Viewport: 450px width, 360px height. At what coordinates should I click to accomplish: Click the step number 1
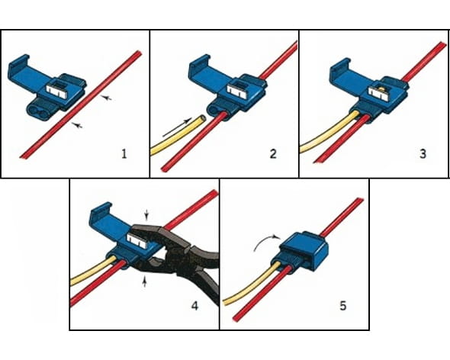point(124,154)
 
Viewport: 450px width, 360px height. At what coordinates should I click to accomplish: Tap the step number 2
point(273,154)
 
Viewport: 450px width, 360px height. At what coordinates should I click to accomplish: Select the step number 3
point(423,154)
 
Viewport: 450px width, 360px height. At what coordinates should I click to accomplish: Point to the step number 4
point(194,306)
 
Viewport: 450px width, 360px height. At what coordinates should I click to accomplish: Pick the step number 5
point(343,306)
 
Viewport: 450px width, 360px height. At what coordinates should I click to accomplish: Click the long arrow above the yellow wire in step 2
point(177,127)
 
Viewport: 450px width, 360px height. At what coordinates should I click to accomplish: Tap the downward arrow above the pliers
point(146,214)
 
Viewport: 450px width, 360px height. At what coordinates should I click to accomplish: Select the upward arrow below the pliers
point(145,281)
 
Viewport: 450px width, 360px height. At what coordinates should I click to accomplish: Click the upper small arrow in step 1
point(107,98)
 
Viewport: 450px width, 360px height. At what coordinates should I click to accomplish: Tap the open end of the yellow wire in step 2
point(203,117)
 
